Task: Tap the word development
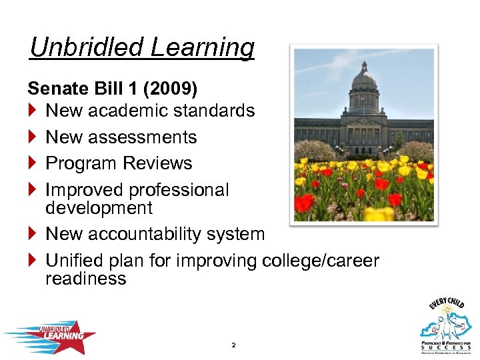[99, 208]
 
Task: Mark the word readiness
[85, 279]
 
